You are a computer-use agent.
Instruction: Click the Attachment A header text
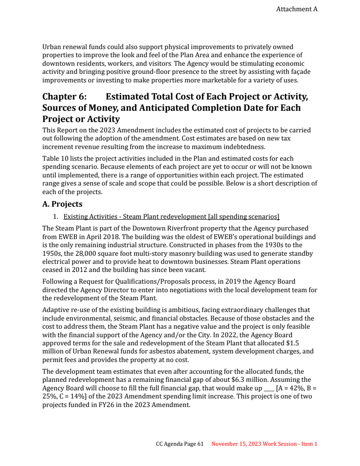click(x=297, y=9)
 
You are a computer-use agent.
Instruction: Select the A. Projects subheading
click(x=62, y=204)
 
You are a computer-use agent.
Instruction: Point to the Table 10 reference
click(x=55, y=158)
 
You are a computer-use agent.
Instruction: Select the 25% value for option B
click(x=48, y=396)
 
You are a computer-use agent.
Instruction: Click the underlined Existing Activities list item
click(x=171, y=217)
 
